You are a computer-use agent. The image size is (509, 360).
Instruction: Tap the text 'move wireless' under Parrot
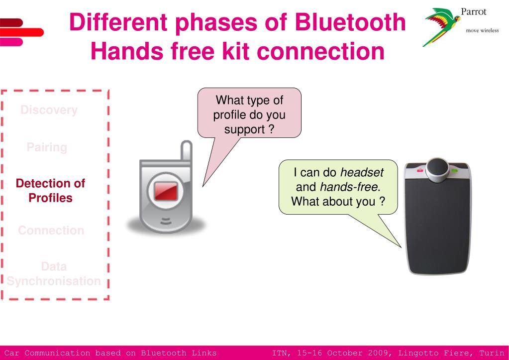click(481, 29)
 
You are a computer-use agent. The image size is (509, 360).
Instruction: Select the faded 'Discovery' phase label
click(49, 111)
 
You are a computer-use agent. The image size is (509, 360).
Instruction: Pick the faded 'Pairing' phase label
click(47, 147)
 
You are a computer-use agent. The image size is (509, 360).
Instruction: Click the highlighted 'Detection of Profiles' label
click(50, 190)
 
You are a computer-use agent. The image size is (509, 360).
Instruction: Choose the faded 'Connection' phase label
click(51, 231)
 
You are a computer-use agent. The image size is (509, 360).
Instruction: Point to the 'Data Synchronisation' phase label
click(54, 274)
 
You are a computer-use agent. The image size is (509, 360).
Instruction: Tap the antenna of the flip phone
click(186, 152)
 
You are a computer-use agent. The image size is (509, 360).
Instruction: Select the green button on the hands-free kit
click(454, 171)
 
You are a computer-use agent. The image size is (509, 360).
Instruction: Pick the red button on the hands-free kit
click(421, 171)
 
